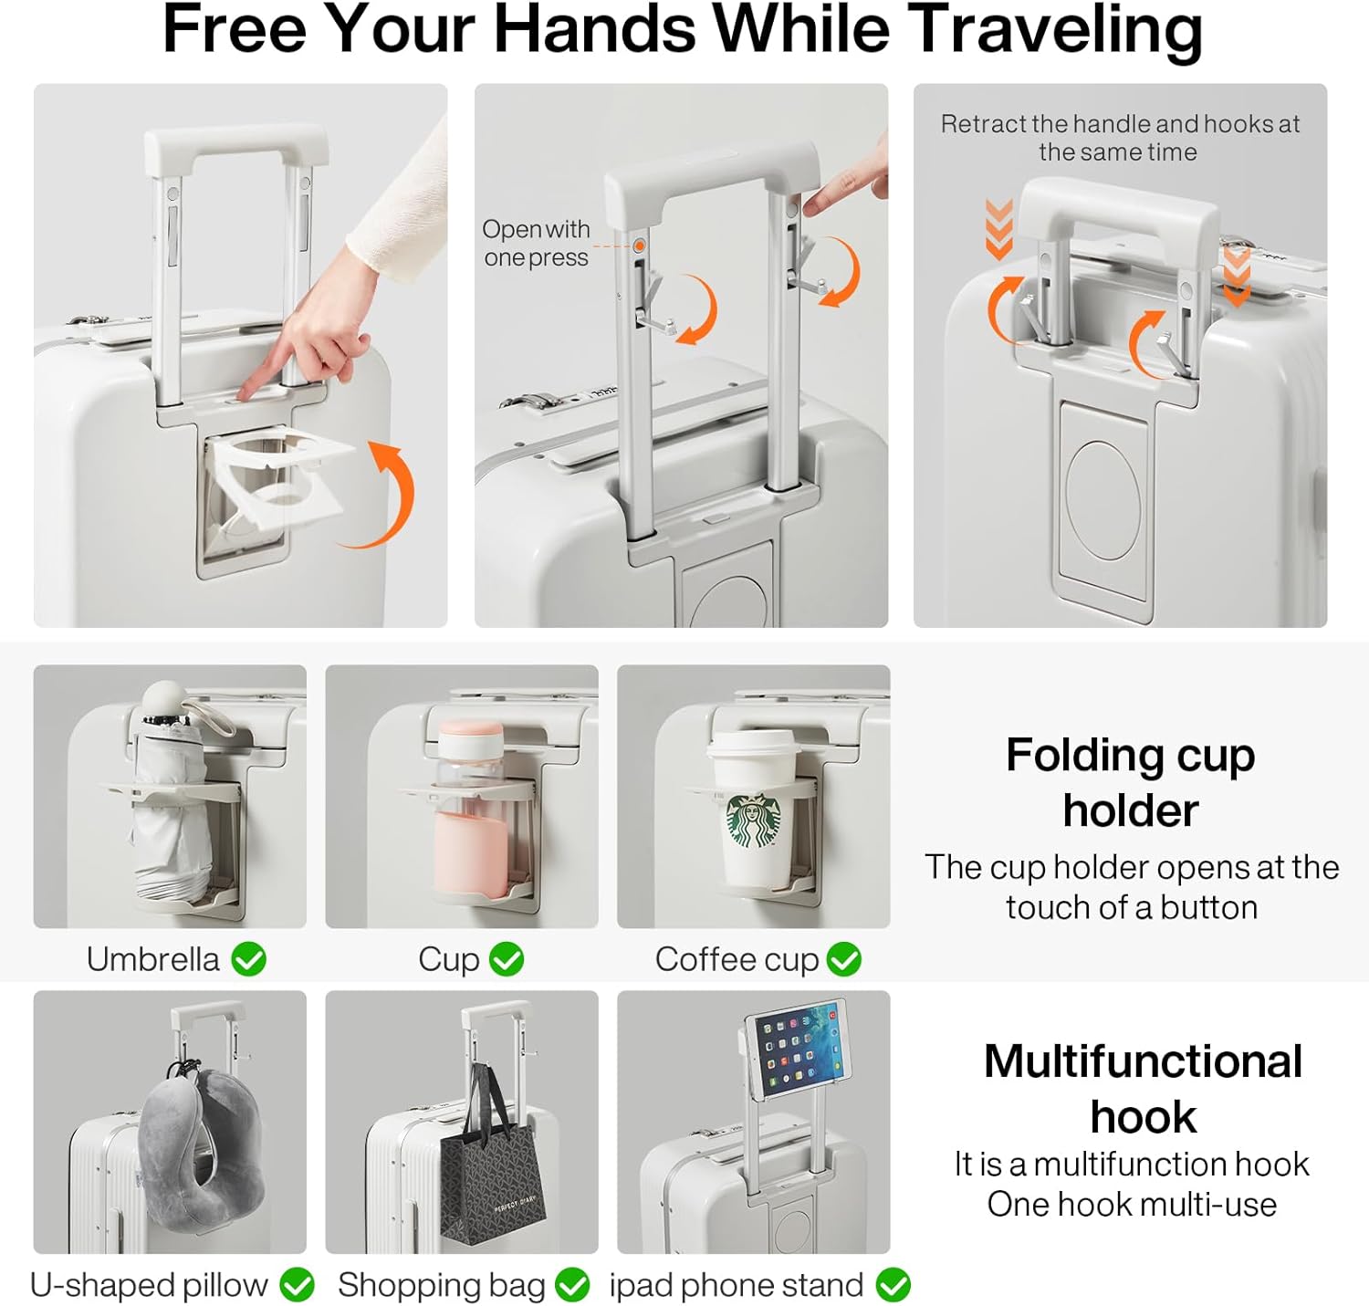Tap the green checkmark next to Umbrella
(248, 959)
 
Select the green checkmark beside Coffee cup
(844, 959)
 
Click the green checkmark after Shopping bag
(572, 1284)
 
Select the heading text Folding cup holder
(1130, 783)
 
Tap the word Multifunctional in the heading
(1143, 1061)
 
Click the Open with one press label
(536, 243)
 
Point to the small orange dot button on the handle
(639, 246)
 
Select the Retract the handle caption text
(1120, 138)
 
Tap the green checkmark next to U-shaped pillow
(297, 1284)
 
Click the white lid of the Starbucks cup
(751, 746)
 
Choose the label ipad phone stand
(736, 1284)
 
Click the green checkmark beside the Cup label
(507, 959)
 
